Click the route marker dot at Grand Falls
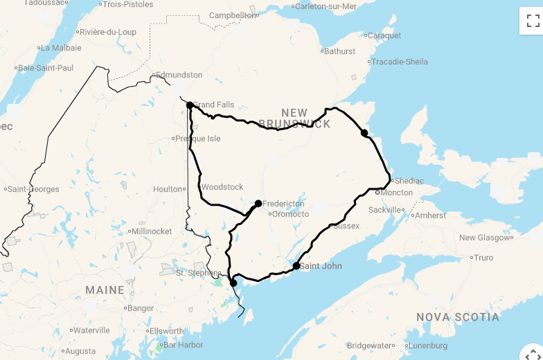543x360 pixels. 189,105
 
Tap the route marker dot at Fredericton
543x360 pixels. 258,204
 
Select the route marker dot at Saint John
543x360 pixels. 296,266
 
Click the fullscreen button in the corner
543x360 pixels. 533,21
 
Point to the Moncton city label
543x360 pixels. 396,192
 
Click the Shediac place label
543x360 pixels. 409,181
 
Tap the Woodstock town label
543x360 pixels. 222,187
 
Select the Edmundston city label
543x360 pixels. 179,75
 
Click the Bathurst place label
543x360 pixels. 339,51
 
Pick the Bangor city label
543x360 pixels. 141,308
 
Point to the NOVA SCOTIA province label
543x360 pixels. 457,317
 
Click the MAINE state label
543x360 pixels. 105,290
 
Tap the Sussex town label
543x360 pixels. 346,226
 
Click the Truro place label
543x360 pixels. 483,258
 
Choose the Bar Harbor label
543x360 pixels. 182,345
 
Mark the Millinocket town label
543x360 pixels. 152,231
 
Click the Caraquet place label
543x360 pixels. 384,35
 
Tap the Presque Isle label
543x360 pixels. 198,138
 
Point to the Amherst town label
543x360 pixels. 431,215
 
